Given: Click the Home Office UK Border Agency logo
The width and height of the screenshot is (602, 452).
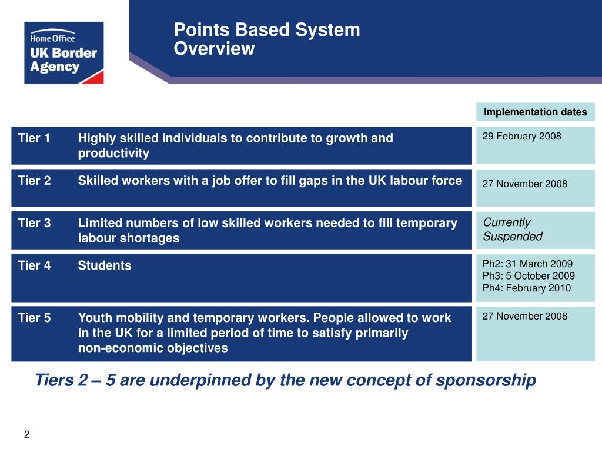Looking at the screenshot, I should click(x=63, y=52).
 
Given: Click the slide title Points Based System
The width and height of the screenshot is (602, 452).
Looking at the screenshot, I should click(x=267, y=30).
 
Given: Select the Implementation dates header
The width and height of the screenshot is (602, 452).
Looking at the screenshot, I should click(x=535, y=112).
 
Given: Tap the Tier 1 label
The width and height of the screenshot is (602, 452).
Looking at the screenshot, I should click(x=34, y=138).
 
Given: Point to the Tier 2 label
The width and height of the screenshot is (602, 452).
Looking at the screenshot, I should click(x=34, y=181).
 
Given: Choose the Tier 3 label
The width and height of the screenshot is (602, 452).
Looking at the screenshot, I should click(x=34, y=223).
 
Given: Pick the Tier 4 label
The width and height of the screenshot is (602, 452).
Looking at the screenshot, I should click(x=34, y=265).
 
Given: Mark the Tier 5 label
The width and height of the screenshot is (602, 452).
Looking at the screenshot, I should click(x=34, y=318).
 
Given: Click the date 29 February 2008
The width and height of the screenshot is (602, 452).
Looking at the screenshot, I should click(x=521, y=137).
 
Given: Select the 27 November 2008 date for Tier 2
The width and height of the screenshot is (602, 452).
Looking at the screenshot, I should click(x=524, y=184).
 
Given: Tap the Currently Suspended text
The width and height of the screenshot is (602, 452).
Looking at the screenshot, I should click(x=512, y=230).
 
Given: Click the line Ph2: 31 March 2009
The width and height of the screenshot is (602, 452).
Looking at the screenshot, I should click(x=527, y=264).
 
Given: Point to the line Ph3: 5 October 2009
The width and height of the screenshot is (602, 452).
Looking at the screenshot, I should click(x=529, y=276).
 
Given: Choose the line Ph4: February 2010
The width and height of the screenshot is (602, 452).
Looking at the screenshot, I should click(x=526, y=288).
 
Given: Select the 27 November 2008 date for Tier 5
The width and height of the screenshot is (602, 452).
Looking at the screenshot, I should click(x=524, y=316).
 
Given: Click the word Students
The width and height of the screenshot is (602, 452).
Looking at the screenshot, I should click(x=105, y=265).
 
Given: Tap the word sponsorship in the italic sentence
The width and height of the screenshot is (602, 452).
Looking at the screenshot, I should click(x=486, y=381).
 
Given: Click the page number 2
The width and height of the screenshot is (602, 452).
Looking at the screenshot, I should click(x=26, y=435).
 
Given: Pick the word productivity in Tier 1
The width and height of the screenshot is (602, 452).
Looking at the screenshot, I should click(x=113, y=154).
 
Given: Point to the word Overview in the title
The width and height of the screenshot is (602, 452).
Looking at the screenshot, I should click(x=214, y=49).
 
